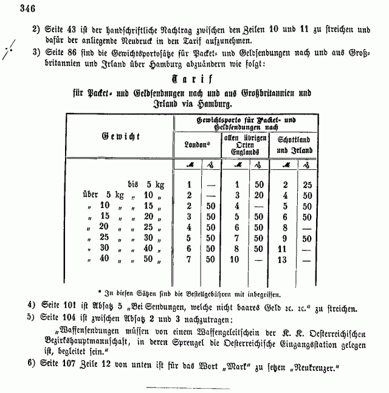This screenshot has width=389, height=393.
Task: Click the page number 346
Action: pyautogui.click(x=28, y=8)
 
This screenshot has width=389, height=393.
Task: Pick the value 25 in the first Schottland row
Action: pyautogui.click(x=308, y=184)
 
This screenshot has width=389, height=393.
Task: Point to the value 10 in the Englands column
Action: pyautogui.click(x=233, y=260)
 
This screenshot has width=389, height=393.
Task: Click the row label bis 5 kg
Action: pyautogui.click(x=146, y=184)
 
